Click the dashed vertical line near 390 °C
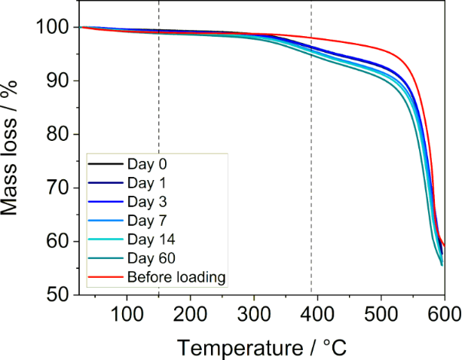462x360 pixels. coord(311,151)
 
